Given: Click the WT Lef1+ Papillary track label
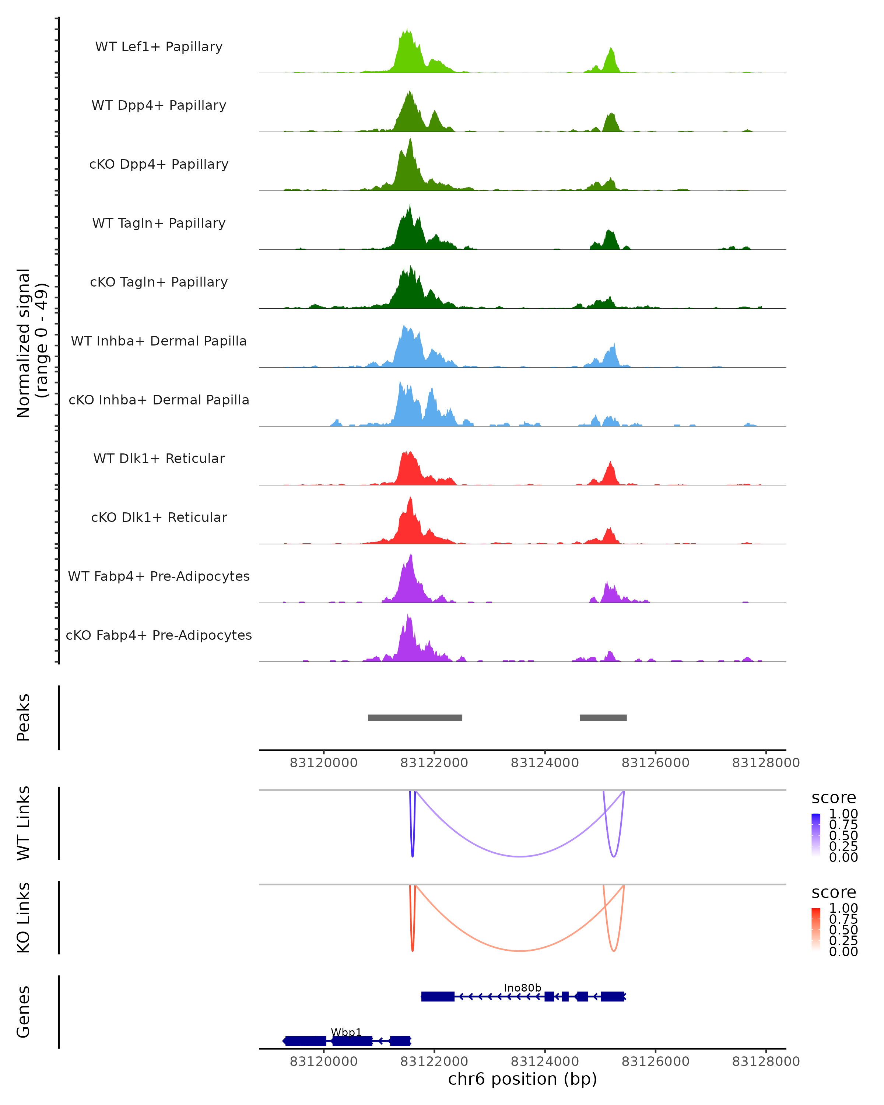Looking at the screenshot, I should pos(159,47).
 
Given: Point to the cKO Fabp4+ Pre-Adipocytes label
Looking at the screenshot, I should pos(159,635).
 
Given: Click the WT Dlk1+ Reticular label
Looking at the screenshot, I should pos(159,459).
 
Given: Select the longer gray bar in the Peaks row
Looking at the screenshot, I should pos(415,718).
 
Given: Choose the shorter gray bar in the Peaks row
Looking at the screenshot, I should pos(603,718).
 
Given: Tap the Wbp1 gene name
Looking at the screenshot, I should pos(347,1032).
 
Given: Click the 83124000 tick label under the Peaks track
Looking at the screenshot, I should pos(545,763).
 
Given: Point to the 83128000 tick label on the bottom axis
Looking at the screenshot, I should pos(766,1062).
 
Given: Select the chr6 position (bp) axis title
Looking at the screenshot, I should pos(522,1079).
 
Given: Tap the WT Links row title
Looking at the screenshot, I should pos(24,823).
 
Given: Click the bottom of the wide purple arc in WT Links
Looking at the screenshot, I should pos(520,856).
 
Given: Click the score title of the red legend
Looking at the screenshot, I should pos(834,892).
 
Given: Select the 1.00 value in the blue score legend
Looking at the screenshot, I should pos(843,814).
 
